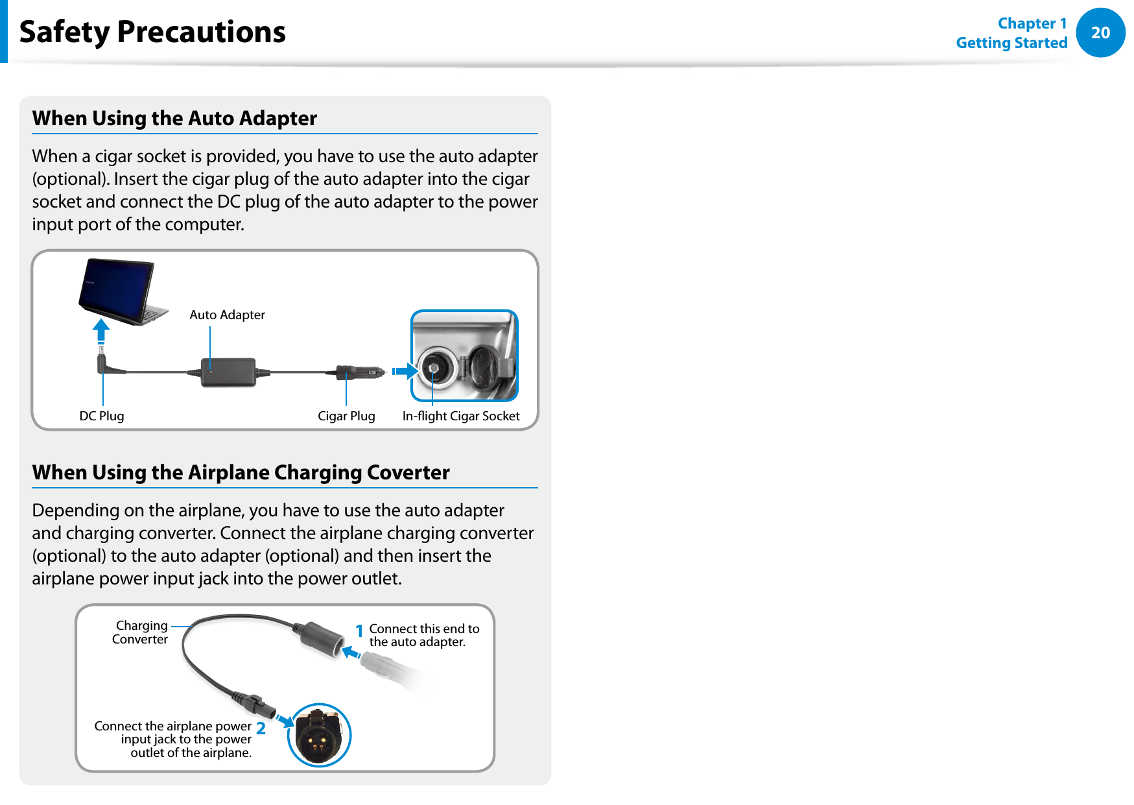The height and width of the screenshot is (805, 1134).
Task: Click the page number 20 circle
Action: point(1100,32)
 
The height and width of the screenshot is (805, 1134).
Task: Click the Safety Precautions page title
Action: point(152,32)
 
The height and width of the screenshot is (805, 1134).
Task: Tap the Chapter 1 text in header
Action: point(1032,23)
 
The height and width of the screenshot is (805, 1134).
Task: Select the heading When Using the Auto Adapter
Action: point(174,118)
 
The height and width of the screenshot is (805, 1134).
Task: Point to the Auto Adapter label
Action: point(227,315)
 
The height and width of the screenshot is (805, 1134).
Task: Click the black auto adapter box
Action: point(228,372)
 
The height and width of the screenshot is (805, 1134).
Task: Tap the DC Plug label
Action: point(102,416)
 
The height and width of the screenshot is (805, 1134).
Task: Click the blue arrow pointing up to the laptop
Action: point(100,330)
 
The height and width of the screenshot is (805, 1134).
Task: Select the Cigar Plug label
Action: point(346,416)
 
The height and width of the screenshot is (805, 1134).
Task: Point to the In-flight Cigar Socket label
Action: point(461,416)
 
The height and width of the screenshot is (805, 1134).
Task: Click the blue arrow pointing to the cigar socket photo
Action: point(405,372)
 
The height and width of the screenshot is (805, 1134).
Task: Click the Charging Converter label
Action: point(140,632)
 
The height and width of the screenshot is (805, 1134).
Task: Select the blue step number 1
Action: point(359,631)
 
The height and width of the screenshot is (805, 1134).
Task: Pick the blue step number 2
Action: point(261,728)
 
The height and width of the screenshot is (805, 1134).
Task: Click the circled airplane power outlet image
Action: point(318,735)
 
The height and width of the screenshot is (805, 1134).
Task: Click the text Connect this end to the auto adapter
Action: point(424,635)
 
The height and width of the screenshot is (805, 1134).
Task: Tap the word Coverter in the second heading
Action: point(408,472)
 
